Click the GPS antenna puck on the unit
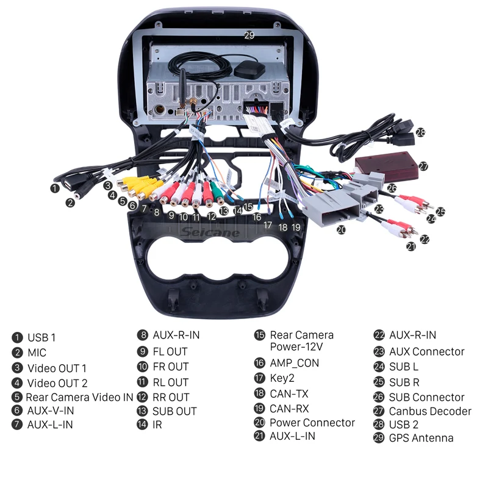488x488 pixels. (x=249, y=71)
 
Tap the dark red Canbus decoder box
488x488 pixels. (x=387, y=166)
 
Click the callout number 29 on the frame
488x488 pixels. (x=249, y=35)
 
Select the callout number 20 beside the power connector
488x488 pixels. (x=341, y=230)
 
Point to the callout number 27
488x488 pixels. (x=423, y=166)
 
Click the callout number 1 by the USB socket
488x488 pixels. (x=55, y=188)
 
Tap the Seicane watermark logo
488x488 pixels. (x=210, y=232)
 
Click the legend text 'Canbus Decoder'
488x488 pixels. (x=430, y=411)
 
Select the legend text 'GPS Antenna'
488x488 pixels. (x=421, y=438)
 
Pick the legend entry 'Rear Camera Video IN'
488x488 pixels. (x=79, y=397)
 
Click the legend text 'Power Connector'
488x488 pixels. (x=312, y=423)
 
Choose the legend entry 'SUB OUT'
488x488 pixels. (x=174, y=411)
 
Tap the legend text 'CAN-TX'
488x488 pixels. (x=289, y=393)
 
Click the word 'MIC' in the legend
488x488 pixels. (x=37, y=353)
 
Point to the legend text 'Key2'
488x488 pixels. (x=282, y=378)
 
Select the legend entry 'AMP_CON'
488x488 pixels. (x=295, y=363)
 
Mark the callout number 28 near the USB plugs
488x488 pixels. (x=420, y=132)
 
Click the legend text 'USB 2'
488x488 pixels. (x=404, y=425)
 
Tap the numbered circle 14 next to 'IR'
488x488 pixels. (x=142, y=425)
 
